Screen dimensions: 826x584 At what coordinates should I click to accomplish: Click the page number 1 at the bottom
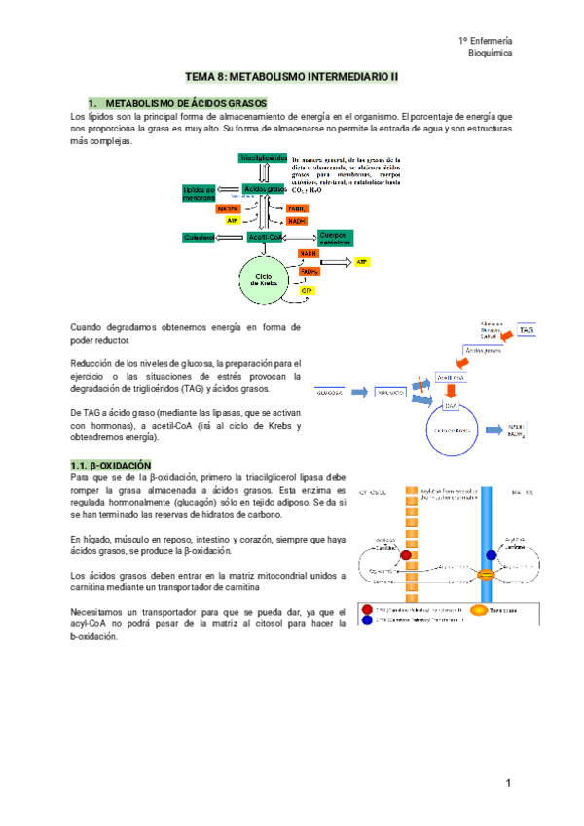click(508, 784)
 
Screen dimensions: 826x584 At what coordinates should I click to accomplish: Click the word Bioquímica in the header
click(491, 54)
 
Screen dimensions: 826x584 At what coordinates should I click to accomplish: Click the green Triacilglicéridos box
click(262, 158)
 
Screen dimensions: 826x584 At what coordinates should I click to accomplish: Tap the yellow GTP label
click(307, 291)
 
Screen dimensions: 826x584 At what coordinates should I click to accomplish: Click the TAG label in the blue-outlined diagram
click(527, 331)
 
